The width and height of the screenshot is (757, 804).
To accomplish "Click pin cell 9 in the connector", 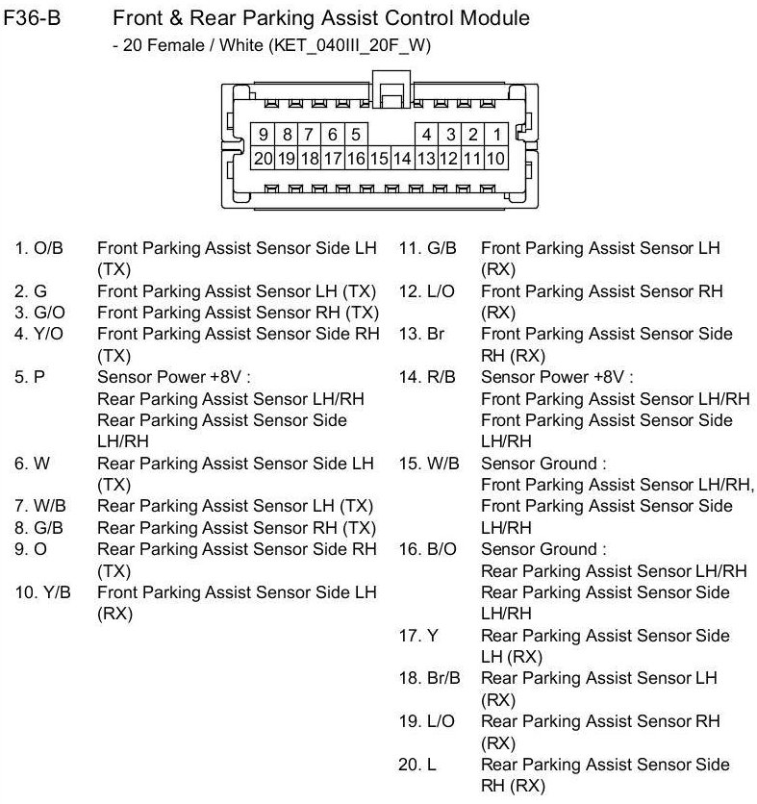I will (262, 136).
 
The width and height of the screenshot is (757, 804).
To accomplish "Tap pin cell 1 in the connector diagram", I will (496, 136).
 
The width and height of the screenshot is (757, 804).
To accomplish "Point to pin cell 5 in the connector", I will (356, 136).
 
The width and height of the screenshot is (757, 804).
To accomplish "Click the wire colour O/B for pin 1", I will (48, 248).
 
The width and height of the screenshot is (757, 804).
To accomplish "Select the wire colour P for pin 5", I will (39, 377).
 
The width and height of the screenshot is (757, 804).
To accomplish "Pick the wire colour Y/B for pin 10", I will (57, 591).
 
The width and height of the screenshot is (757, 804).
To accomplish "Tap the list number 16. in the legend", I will (409, 549).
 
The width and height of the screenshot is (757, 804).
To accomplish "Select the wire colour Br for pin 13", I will (436, 334).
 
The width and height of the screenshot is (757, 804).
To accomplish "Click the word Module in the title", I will (493, 18).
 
